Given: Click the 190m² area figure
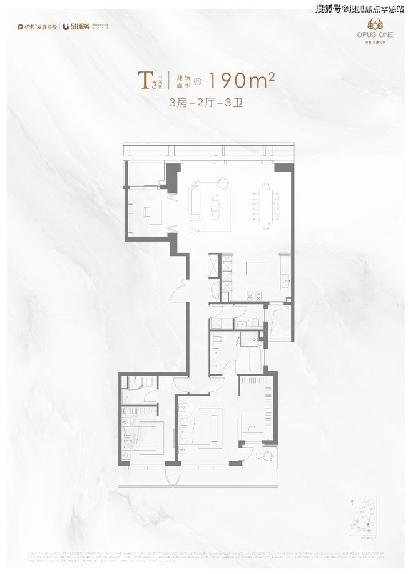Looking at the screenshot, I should click(x=241, y=80).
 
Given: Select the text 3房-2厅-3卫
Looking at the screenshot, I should click(x=206, y=103).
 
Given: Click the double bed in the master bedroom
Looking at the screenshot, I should click(x=202, y=427).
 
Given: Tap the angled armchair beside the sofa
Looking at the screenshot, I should click(x=222, y=183).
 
